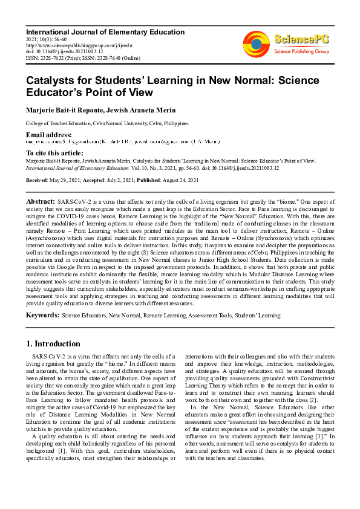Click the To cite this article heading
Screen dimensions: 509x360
(54, 154)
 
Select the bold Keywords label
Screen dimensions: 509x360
(42, 315)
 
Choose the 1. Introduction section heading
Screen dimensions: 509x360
(53, 344)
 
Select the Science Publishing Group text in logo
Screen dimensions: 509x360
(301, 52)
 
